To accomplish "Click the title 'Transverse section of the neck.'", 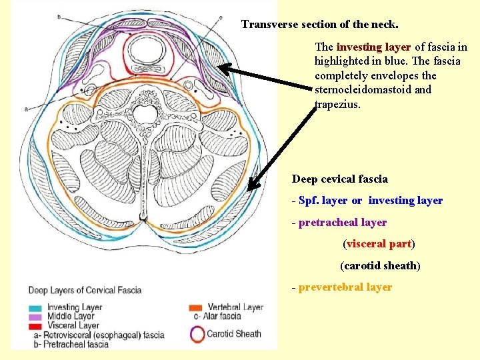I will [319, 25].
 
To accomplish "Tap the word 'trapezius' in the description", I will [337, 104].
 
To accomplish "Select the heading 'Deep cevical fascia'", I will [339, 179].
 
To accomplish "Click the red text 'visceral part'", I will [379, 244].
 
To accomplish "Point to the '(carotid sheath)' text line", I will [380, 265].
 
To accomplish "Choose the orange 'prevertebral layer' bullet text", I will [345, 287].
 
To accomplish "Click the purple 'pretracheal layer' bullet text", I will [343, 222].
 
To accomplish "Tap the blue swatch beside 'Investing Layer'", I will [35, 307].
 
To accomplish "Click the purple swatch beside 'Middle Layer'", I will [35, 316].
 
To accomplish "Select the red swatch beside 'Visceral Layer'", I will [35, 325].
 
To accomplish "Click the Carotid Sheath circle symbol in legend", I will [197, 333].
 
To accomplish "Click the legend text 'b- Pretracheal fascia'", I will [71, 344].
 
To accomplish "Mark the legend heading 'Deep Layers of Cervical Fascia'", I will [84, 290].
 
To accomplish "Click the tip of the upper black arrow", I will [221, 67].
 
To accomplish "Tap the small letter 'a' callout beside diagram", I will [25, 107].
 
